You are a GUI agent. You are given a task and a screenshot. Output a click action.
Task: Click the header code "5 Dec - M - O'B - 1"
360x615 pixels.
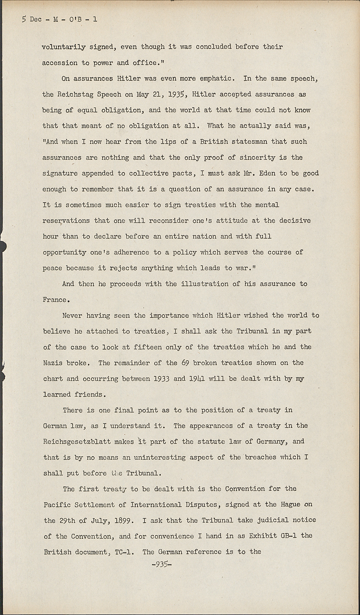coord(59,19)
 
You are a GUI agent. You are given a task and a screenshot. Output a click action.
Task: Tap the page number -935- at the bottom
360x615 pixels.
coord(162,564)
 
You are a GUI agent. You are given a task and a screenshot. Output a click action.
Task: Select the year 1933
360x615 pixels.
coord(162,378)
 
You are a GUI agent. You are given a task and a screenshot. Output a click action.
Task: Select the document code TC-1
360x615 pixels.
coord(123,552)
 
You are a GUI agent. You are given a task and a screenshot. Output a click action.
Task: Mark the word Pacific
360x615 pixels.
coord(57,504)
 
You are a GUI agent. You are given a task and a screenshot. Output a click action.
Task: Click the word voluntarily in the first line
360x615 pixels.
coord(64,47)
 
